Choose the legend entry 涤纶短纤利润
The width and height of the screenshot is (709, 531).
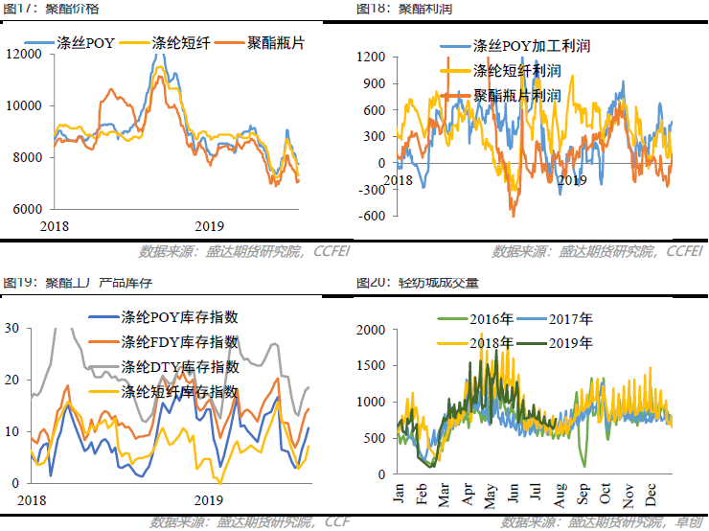[x=517, y=71]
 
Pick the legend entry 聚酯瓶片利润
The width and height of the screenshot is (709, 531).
[x=517, y=96]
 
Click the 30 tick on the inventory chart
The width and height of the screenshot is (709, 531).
[x=12, y=328]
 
